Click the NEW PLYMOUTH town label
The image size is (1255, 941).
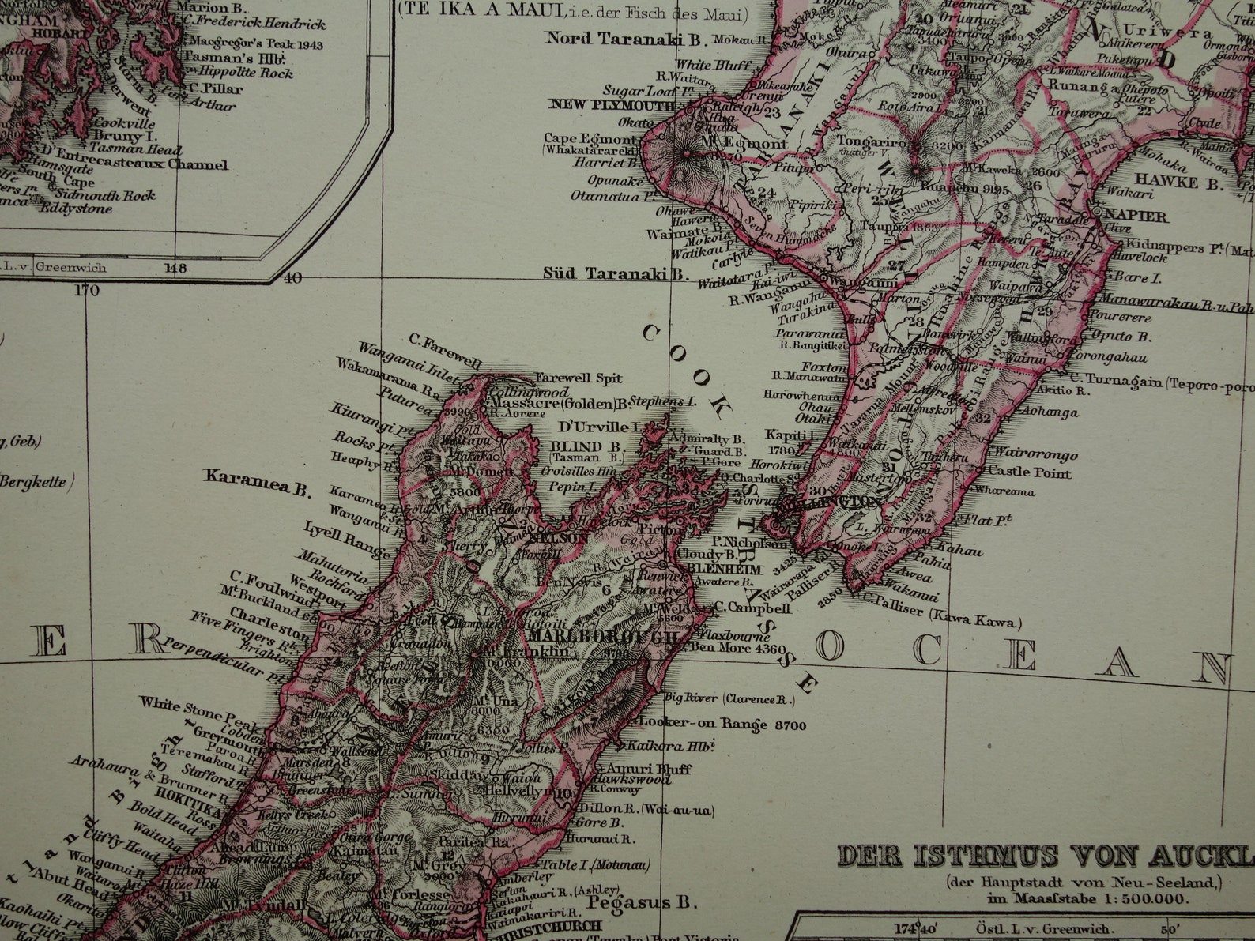612,105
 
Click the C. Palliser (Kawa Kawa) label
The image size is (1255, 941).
940,620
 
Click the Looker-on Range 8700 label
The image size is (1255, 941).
722,723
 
